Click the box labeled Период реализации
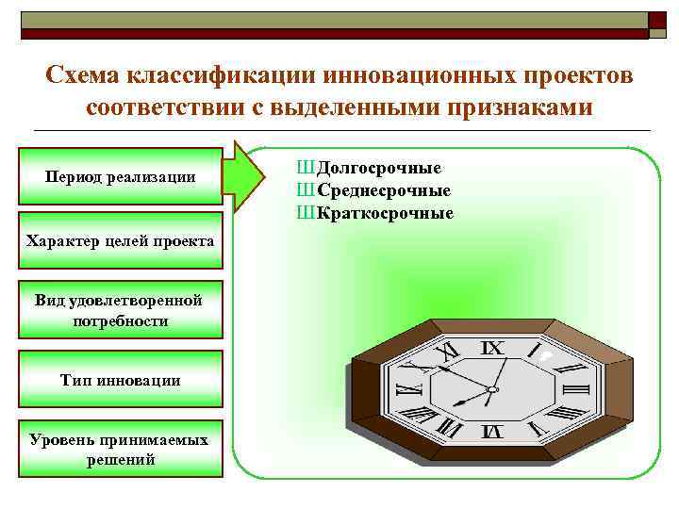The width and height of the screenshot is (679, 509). [x=121, y=176]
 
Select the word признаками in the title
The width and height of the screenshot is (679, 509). [x=532, y=107]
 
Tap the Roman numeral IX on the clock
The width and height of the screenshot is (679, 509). [x=491, y=348]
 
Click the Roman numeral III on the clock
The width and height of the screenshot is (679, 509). [x=574, y=388]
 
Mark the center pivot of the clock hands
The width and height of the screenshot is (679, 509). [x=490, y=389]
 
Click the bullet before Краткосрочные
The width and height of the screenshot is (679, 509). [x=305, y=213]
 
